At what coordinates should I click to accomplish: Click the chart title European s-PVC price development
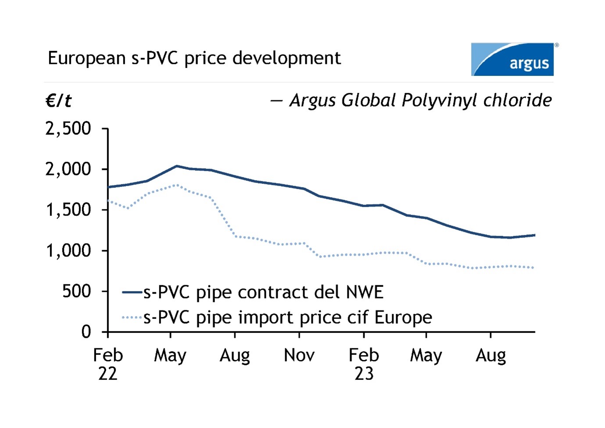194,58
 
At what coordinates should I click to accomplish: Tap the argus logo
512,60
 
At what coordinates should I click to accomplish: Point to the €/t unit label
58,101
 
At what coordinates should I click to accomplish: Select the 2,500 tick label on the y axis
68,129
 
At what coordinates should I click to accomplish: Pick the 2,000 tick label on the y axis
68,169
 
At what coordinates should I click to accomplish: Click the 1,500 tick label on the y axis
68,210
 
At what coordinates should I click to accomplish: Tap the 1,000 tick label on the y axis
68,251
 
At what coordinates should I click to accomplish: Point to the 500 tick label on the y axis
76,291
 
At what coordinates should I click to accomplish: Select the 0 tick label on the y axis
86,331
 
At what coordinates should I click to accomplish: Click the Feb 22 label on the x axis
108,364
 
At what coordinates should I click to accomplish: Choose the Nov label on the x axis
299,355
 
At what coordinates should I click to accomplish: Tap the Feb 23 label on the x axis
364,364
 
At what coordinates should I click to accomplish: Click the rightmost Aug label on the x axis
490,355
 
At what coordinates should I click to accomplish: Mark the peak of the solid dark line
176,166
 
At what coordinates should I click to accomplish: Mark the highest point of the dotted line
176,185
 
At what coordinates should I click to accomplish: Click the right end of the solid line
534,235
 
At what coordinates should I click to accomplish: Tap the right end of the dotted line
533,268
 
